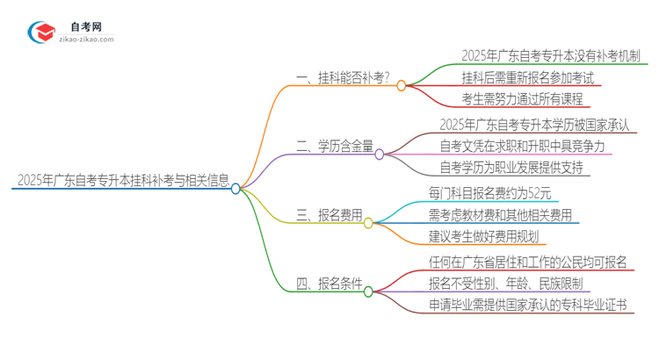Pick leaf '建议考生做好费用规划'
coord(487,235)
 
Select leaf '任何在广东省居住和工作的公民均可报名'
coord(528,261)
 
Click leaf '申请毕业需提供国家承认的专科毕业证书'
coord(528,305)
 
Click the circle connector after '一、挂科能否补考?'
coord(402,85)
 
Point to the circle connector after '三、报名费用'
coord(369,223)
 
